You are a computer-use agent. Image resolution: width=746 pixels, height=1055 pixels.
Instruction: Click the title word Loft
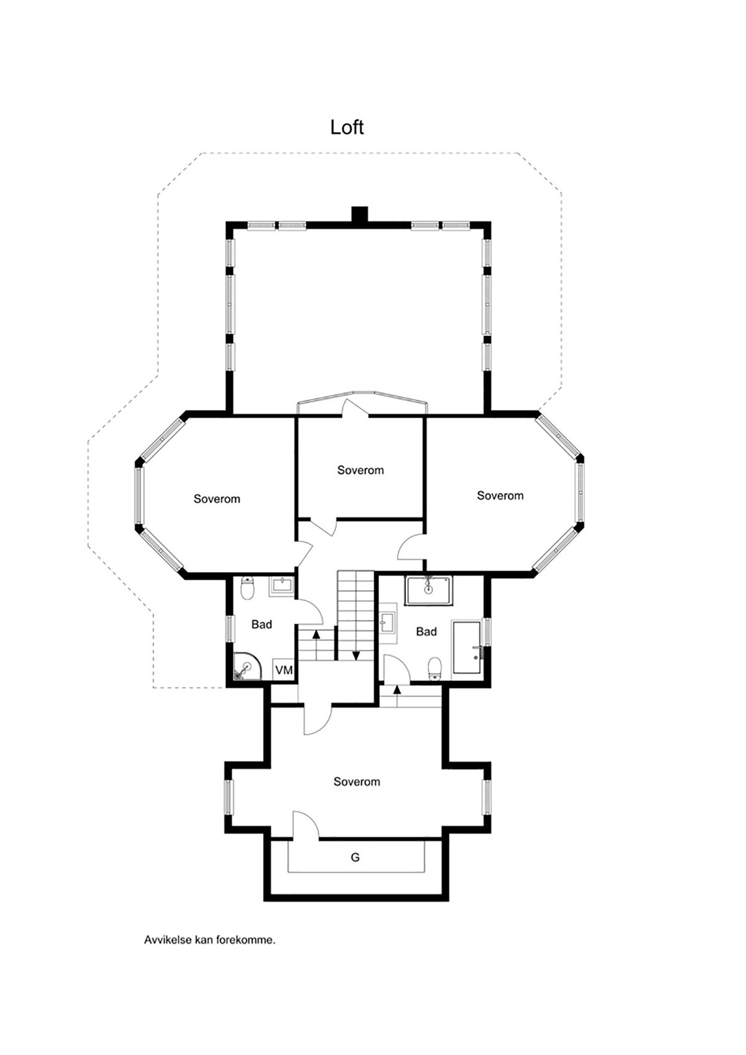tap(347, 127)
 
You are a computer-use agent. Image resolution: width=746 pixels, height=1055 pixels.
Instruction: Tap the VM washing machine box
tap(284, 670)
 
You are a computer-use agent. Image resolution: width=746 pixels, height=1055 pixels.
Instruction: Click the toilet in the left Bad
tap(247, 587)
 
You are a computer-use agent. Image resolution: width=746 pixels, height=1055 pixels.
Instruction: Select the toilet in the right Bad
tap(435, 668)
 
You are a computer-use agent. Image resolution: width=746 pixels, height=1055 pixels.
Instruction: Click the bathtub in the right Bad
tap(467, 647)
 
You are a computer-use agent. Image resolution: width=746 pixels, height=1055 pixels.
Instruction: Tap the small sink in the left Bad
tap(282, 586)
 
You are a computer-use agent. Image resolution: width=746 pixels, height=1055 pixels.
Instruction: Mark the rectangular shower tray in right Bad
tap(429, 590)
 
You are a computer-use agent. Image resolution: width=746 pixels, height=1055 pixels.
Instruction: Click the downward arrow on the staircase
tap(357, 655)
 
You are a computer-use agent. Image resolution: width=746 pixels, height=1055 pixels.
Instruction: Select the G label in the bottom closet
tap(355, 858)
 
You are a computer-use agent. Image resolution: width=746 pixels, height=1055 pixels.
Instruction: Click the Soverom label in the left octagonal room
tap(217, 499)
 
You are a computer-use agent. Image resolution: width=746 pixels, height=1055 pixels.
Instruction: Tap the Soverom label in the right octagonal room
tap(500, 495)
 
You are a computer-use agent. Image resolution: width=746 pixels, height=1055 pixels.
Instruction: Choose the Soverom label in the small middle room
tap(361, 470)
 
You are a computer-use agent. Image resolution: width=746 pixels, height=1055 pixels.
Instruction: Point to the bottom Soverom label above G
tap(357, 781)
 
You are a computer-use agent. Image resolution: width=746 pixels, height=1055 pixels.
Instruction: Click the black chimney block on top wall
tap(359, 214)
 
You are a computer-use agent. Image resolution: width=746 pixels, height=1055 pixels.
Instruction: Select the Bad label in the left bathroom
tap(262, 624)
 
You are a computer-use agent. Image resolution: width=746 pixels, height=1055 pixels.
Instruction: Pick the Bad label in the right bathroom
tap(426, 632)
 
